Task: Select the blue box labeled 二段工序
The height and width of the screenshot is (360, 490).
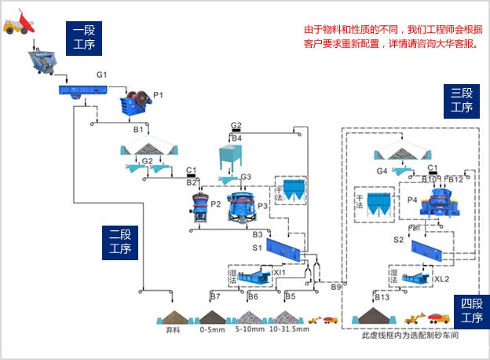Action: pyautogui.click(x=119, y=242)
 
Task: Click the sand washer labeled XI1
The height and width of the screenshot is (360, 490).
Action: pyautogui.click(x=253, y=277)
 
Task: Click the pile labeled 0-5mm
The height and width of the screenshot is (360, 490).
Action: pyautogui.click(x=212, y=317)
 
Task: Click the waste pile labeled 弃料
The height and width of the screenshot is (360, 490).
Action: pyautogui.click(x=173, y=317)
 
